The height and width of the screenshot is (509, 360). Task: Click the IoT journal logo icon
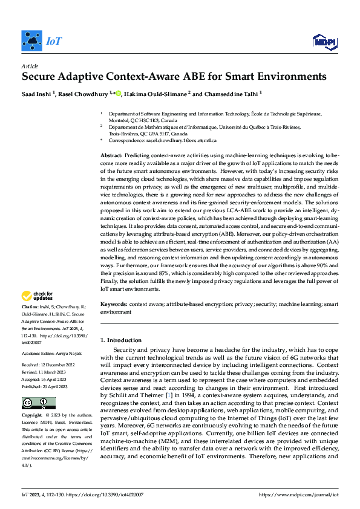(31, 41)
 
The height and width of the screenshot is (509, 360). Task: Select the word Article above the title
(29, 65)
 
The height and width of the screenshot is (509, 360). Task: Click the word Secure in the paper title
(40, 77)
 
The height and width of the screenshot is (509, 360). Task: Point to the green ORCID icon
(118, 93)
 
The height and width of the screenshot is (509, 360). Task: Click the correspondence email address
(185, 140)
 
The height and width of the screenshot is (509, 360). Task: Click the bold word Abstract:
(111, 156)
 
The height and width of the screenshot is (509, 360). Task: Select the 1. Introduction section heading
(121, 340)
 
